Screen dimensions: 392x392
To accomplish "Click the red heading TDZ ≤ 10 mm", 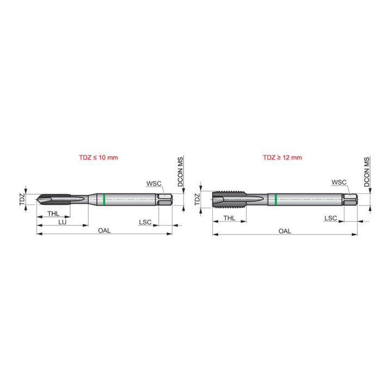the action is (98, 157).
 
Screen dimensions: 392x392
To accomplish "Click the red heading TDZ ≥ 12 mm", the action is (282, 157).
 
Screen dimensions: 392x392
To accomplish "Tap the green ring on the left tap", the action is (104, 199).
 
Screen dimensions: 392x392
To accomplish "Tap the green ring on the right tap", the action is (275, 199).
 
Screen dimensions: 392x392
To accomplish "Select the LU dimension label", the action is (62, 222).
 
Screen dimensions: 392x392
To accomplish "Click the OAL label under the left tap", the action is (104, 230).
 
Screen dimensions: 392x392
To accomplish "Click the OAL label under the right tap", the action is (285, 231).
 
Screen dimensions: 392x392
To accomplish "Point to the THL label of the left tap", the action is (53, 213).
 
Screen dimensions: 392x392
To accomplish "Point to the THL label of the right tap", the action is (229, 218).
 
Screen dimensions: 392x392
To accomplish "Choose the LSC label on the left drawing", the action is (145, 222).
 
